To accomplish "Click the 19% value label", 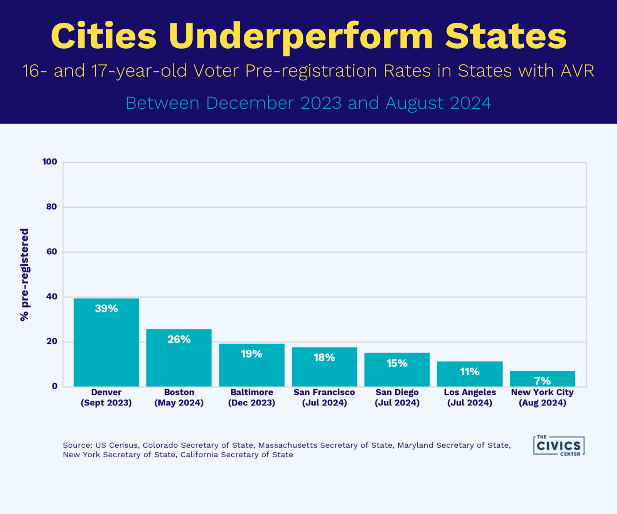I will point(251,354).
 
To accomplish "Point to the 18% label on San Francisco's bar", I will point(324,358).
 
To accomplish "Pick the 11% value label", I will point(470,372).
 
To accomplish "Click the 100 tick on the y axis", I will point(50,162).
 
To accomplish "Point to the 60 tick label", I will point(51,252).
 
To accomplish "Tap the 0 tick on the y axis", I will point(55,386).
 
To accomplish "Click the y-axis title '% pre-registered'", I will point(24,275).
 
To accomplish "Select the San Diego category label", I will point(397,397).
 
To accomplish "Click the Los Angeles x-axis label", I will point(470,397).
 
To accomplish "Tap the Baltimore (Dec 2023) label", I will point(251,397).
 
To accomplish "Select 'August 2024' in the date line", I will point(438,103).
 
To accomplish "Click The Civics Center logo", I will point(559,446).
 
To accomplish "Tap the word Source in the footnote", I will point(77,445).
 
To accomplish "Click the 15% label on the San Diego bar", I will point(397,363).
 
